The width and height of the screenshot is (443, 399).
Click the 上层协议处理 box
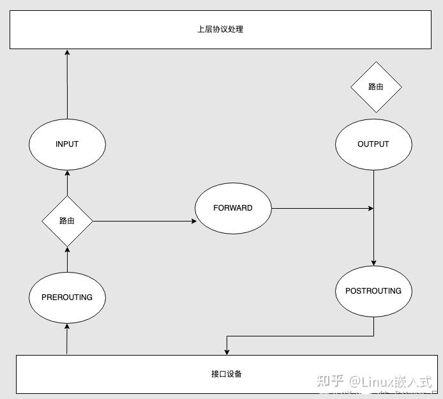220,29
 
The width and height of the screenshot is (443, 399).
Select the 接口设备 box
227,374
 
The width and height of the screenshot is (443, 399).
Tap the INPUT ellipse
67,144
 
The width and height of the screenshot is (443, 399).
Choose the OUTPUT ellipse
373,144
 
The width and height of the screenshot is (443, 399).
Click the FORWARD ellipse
233,208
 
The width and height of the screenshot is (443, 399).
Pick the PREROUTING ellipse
67,297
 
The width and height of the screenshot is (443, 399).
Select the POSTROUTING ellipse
373,291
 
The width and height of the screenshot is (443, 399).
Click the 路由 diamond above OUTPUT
376,87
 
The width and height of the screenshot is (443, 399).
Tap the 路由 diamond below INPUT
67,221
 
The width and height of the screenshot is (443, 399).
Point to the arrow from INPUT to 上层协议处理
67,83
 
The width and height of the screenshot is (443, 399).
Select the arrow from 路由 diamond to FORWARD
144,222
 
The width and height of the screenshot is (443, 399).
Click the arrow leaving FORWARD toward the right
322,208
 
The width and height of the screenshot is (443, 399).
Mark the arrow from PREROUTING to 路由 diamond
67,259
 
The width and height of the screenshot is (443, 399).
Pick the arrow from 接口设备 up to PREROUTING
67,338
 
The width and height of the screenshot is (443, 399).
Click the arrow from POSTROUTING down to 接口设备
300,336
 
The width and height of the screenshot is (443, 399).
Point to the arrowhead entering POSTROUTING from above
373,262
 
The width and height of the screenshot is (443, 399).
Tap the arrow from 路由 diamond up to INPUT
67,184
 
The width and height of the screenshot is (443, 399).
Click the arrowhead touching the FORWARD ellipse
192,222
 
